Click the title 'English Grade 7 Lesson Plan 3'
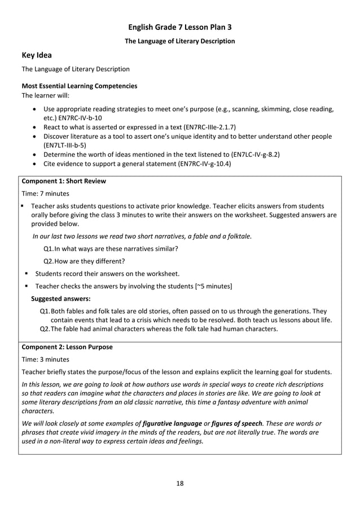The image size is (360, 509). (179, 27)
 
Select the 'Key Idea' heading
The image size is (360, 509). (37, 55)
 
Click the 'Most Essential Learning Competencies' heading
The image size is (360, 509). (79, 86)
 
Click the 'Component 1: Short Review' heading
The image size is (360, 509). (63, 181)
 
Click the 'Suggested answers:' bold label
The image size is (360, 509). (60, 299)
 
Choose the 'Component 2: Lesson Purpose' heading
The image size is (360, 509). (67, 347)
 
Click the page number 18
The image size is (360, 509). (179, 483)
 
